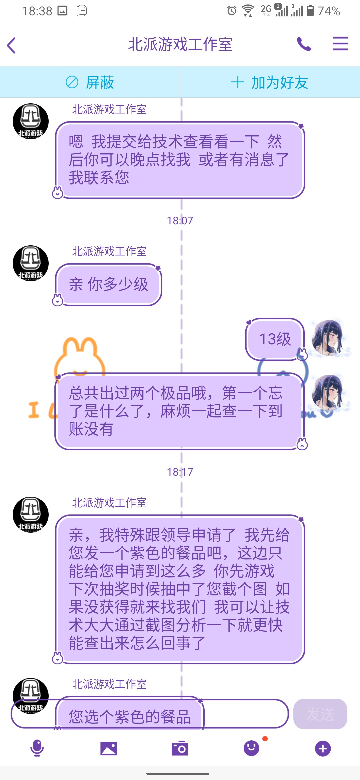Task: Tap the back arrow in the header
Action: (x=11, y=45)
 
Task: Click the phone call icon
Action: (x=304, y=44)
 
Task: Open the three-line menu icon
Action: (x=340, y=44)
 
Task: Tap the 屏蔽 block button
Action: (x=90, y=82)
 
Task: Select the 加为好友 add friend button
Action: (x=270, y=82)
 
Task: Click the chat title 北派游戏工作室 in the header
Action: (x=180, y=44)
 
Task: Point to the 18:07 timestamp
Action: (x=180, y=221)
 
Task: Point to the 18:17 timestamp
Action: (x=180, y=472)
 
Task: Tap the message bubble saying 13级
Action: (x=275, y=339)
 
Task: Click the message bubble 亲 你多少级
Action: (x=109, y=285)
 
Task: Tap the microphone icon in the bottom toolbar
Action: (x=37, y=748)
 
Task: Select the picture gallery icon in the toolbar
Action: (x=109, y=749)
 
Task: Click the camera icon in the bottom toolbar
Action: (x=180, y=749)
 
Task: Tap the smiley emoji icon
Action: (x=251, y=748)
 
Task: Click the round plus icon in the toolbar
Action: (x=323, y=749)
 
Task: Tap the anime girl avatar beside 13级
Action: (x=327, y=338)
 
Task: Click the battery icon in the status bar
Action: (x=310, y=11)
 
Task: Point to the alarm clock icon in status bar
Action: (x=232, y=11)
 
